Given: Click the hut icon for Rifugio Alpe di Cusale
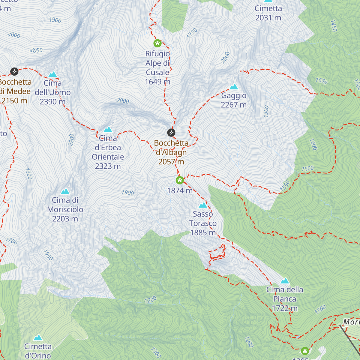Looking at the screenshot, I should [x=157, y=43].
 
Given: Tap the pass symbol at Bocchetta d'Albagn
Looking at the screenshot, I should [x=171, y=132].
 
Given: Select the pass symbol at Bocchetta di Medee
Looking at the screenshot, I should [x=14, y=71].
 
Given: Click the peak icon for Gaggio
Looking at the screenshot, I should [x=234, y=87].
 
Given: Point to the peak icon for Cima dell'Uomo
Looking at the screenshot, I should [x=53, y=74].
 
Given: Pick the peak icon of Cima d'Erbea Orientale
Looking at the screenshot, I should [x=108, y=130].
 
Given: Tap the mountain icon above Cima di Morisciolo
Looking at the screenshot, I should [x=65, y=191].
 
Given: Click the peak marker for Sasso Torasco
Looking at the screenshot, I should [x=203, y=205].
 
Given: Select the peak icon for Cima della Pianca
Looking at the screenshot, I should [x=285, y=281].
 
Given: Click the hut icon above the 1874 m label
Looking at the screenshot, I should [x=180, y=180].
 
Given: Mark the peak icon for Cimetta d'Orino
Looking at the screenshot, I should [x=38, y=338].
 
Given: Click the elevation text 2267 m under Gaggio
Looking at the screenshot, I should [x=234, y=105].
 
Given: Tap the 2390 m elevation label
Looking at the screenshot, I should [x=53, y=102].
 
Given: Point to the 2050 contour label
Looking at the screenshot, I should [x=36, y=50].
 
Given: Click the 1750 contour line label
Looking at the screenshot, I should [x=192, y=33].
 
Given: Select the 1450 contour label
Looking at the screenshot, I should [x=334, y=26].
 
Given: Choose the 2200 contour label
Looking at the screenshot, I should [x=71, y=140].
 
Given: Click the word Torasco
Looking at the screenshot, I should [x=203, y=223].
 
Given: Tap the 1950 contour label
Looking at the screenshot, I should [x=48, y=255].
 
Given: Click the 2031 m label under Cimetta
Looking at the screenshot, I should [x=268, y=18].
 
